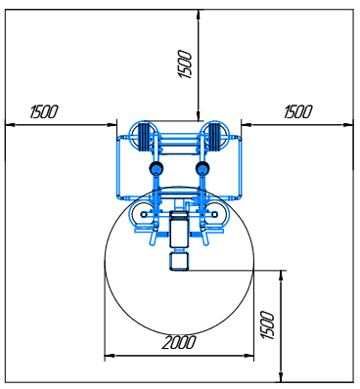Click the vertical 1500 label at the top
185,65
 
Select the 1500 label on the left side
44,111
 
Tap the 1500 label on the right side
298,111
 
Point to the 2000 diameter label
179,342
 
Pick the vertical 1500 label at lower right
268,325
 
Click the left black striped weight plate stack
144,136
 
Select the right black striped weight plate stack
214,136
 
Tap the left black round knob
157,168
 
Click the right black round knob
202,168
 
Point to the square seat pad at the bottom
179,262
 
